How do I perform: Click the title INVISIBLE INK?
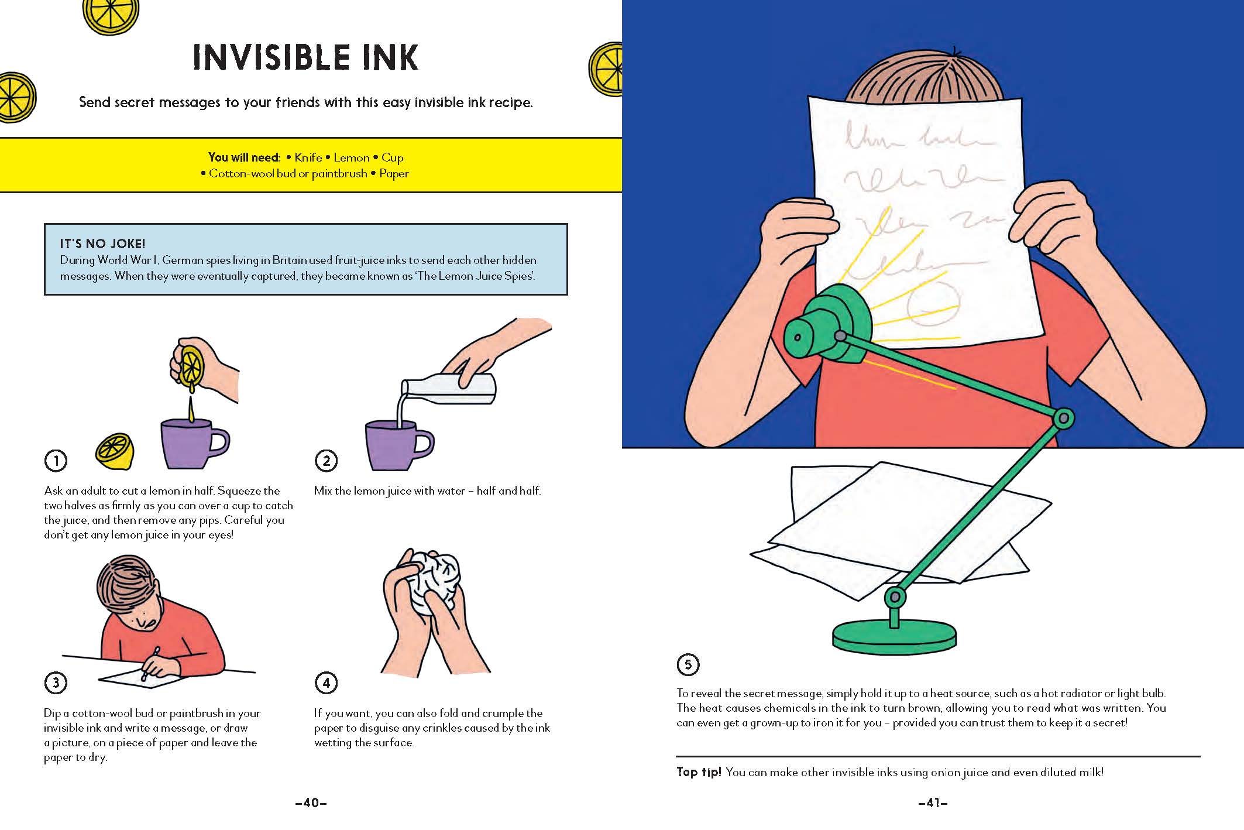305,57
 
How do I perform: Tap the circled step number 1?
56,461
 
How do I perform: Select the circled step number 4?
326,682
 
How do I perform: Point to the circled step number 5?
688,664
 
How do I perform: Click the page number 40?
311,803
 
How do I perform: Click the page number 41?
933,803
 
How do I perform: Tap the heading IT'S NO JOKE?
102,243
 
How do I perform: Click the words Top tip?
699,772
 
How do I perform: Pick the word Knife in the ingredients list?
308,157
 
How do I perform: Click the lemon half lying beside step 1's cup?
115,451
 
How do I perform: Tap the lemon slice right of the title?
606,69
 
